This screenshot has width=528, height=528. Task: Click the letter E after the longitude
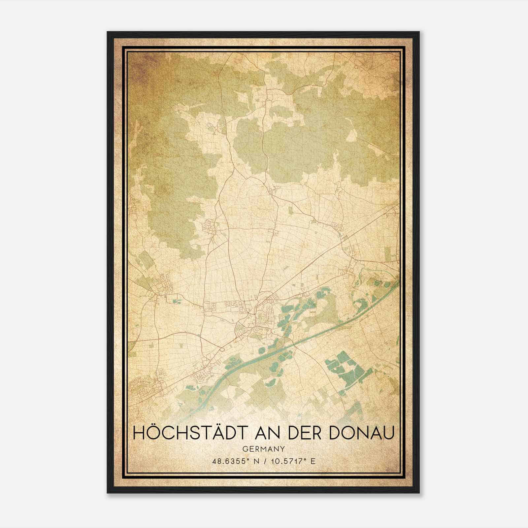pos(313,461)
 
